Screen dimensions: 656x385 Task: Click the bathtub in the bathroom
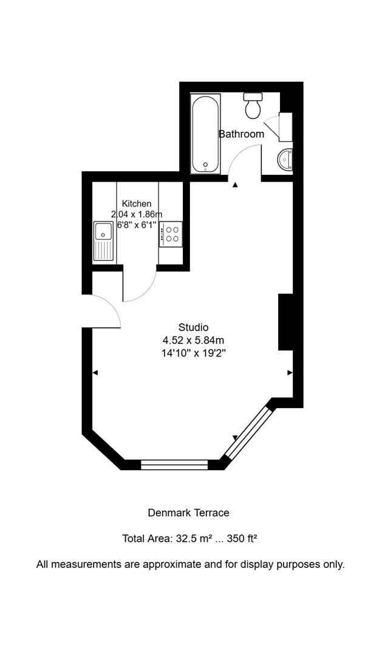tap(205, 134)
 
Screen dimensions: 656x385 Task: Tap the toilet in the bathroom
tap(253, 106)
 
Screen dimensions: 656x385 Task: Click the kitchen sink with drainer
tap(104, 241)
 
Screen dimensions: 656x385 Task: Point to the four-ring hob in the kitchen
tap(171, 234)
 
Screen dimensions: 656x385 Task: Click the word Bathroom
tap(241, 134)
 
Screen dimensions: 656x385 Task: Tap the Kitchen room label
tap(137, 203)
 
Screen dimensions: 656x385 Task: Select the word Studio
tap(193, 327)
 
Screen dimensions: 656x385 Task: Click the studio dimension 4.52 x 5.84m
tap(193, 340)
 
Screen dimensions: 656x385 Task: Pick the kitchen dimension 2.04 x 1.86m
tap(137, 214)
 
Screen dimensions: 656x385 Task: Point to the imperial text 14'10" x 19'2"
tap(193, 353)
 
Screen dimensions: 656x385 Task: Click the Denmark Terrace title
tap(188, 513)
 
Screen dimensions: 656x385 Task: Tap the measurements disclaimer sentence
tap(190, 564)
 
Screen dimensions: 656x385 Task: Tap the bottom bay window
tap(174, 465)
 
